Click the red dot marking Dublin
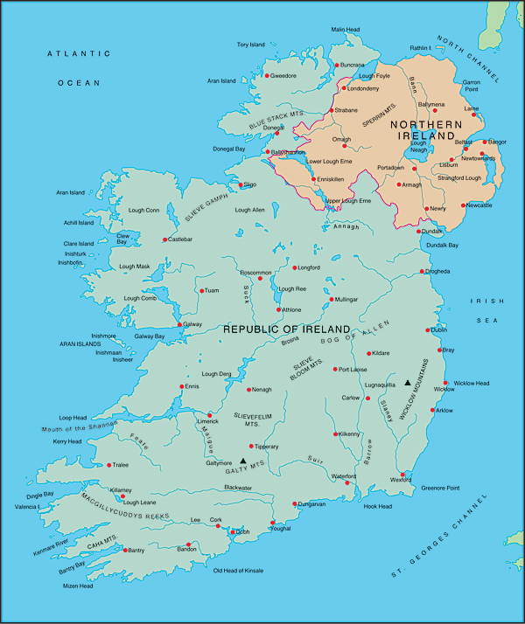tap(429, 330)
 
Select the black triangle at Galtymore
tap(242, 461)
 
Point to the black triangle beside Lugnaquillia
tap(407, 383)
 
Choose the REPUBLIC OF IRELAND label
tap(286, 329)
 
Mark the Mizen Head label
tap(79, 586)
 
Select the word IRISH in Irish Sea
tap(483, 301)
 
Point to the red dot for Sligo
tap(241, 185)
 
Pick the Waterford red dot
tap(348, 482)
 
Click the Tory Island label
tap(250, 45)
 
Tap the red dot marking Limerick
tap(209, 415)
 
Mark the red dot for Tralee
tap(108, 465)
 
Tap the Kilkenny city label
tap(348, 433)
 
